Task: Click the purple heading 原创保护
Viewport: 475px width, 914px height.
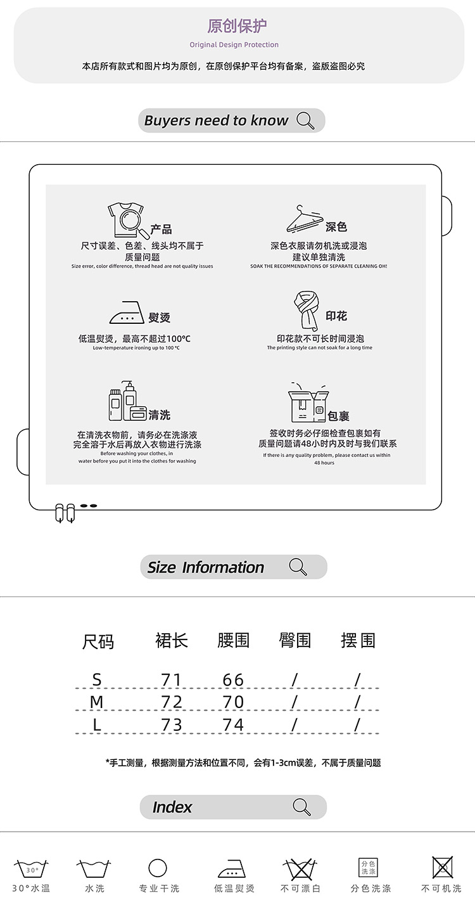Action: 237,26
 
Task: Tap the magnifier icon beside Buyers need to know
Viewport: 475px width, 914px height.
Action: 305,120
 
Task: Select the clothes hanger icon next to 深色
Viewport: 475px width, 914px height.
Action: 305,219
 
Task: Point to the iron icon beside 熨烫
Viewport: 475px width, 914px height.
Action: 127,312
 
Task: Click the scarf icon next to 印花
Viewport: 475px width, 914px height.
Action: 306,311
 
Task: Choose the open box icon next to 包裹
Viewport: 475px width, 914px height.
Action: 308,402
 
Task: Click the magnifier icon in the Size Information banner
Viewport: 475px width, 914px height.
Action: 298,567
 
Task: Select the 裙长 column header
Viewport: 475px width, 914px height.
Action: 172,640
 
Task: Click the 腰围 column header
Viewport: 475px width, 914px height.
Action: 233,640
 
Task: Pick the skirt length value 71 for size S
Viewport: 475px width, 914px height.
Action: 171,679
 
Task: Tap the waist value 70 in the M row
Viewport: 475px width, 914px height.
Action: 233,702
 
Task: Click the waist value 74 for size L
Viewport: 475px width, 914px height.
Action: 233,724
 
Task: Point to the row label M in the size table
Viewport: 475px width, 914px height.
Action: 97,702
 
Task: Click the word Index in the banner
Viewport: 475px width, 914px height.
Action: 172,807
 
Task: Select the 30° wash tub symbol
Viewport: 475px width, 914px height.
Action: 31,868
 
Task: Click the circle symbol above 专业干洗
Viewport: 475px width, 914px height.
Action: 158,868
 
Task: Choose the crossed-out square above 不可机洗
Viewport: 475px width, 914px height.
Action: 442,867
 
